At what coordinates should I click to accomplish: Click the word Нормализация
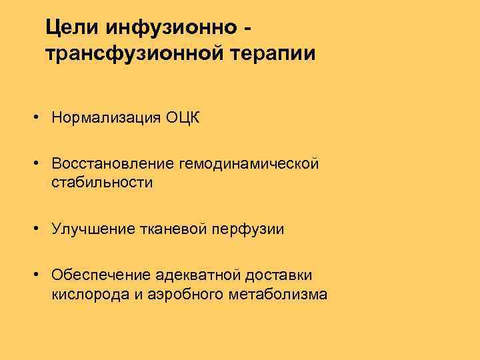click(x=107, y=119)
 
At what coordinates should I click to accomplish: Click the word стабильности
click(x=102, y=183)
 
